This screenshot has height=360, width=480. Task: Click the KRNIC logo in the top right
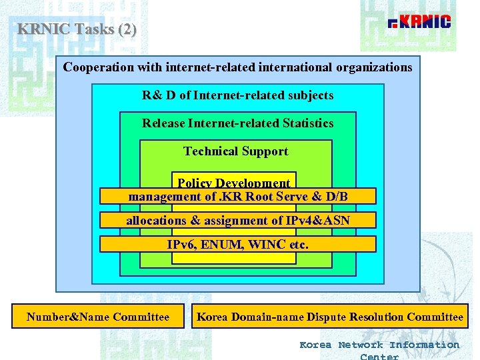tap(419, 23)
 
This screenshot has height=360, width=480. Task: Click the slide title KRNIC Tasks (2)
tap(77, 29)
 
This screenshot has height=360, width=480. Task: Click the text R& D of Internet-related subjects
tap(237, 95)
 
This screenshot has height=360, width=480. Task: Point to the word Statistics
tap(308, 123)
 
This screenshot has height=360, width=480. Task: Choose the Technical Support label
tap(236, 151)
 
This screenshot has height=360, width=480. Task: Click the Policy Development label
tap(233, 183)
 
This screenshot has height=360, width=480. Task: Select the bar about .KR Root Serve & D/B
tap(238, 196)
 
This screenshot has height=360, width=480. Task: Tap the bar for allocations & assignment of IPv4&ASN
tap(238, 220)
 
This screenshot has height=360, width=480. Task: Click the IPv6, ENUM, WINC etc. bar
tap(238, 244)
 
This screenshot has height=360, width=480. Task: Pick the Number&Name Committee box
tap(98, 317)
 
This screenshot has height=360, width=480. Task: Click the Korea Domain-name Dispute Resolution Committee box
tap(329, 317)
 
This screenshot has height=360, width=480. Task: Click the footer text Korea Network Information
tap(379, 345)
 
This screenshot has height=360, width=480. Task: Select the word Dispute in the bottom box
tap(325, 317)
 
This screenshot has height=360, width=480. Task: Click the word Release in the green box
tap(164, 123)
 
